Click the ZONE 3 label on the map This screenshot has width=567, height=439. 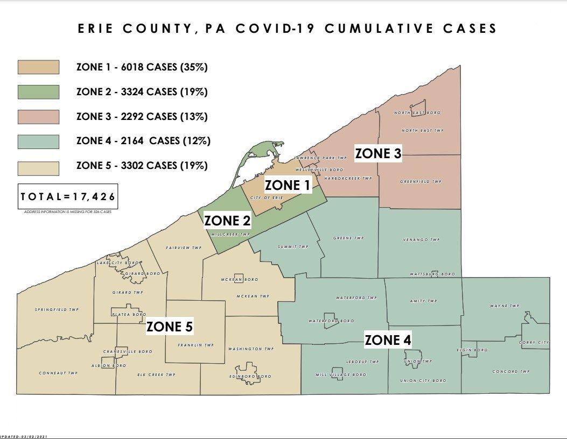tap(378, 153)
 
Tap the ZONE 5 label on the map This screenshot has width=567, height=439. tap(170, 326)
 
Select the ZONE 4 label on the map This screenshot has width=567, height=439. tap(388, 340)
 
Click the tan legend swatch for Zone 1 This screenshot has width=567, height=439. tap(38, 67)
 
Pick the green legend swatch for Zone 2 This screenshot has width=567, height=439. tap(38, 92)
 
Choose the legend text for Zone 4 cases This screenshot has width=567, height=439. tap(143, 141)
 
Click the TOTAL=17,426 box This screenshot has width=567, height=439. tap(67, 196)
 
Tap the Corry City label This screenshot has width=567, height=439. tap(534, 343)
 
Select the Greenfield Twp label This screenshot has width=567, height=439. tap(421, 182)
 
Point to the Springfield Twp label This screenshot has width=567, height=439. tap(57, 310)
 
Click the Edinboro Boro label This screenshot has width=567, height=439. tap(250, 377)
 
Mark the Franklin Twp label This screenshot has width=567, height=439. tap(195, 345)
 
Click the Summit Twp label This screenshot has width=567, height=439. tap(293, 247)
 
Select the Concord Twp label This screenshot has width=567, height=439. tap(511, 372)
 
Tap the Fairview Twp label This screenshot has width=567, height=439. tap(184, 248)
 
